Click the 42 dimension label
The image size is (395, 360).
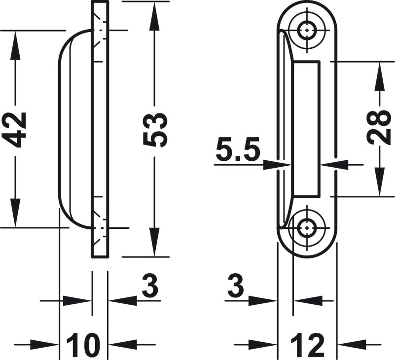[x=16, y=130]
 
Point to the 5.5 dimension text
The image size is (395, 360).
[x=238, y=151]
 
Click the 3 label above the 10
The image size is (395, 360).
[x=150, y=286]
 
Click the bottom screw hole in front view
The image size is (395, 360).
[x=307, y=228]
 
